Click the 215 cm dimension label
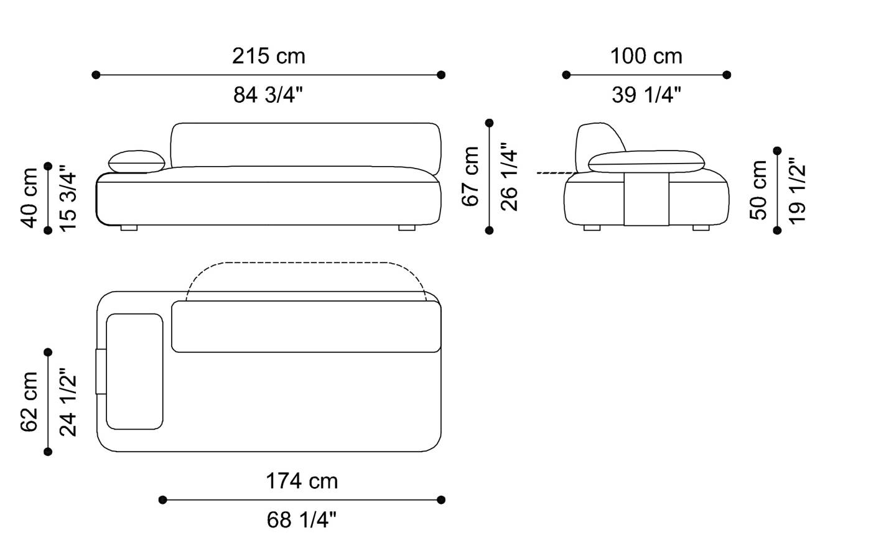(x=269, y=56)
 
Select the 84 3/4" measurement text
(x=269, y=95)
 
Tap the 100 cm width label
(x=646, y=56)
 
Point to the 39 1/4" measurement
(x=646, y=95)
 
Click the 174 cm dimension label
(x=302, y=481)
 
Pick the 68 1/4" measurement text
(x=302, y=519)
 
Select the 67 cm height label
(x=471, y=176)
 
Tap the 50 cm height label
(x=759, y=190)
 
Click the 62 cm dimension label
(x=29, y=402)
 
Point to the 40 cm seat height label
(x=29, y=198)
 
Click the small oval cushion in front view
(x=137, y=162)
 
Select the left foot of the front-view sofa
(x=129, y=228)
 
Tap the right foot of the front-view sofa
(x=406, y=228)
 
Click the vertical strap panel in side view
(x=646, y=199)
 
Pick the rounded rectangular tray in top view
(x=134, y=371)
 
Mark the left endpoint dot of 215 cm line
(x=96, y=75)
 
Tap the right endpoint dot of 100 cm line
(x=727, y=75)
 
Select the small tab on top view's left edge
(x=100, y=371)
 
